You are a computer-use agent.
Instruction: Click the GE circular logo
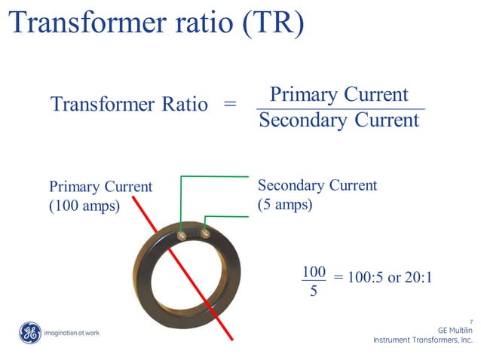click(30, 332)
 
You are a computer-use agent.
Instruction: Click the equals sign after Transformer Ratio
click(231, 105)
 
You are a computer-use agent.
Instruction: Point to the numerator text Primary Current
click(339, 94)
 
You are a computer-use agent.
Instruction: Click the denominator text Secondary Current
click(339, 121)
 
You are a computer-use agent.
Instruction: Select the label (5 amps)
click(285, 204)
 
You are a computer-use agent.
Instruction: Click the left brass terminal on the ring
click(182, 236)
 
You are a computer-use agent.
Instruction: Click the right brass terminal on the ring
click(204, 236)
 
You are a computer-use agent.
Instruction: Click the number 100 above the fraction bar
click(313, 272)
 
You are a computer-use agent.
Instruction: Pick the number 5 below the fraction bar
click(313, 291)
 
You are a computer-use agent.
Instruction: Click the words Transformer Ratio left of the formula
click(129, 105)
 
